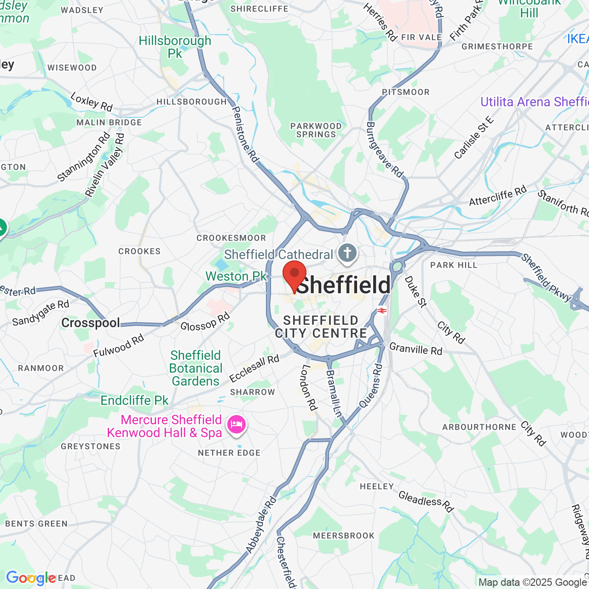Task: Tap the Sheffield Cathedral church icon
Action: (347, 253)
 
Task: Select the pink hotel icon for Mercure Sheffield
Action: (236, 424)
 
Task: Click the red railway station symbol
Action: (381, 311)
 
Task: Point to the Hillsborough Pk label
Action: (175, 47)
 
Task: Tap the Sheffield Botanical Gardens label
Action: (196, 368)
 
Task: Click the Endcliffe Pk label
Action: (134, 400)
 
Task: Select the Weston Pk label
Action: (236, 276)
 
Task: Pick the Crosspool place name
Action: (91, 323)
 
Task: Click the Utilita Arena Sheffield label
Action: (534, 102)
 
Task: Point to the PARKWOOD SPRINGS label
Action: (316, 130)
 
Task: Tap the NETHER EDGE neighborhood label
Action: (229, 453)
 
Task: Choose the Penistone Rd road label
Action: (245, 134)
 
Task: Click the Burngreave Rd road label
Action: (384, 150)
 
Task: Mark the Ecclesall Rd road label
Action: (254, 369)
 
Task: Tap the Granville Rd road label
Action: (416, 349)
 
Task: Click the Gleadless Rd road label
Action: (426, 502)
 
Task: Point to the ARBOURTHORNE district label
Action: (479, 427)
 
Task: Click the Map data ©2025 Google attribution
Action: (532, 582)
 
